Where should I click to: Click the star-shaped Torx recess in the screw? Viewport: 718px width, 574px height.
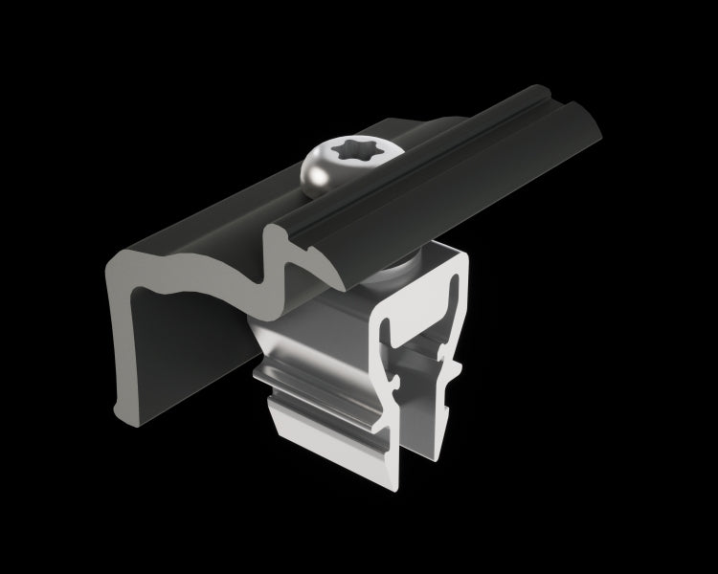coord(340,153)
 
